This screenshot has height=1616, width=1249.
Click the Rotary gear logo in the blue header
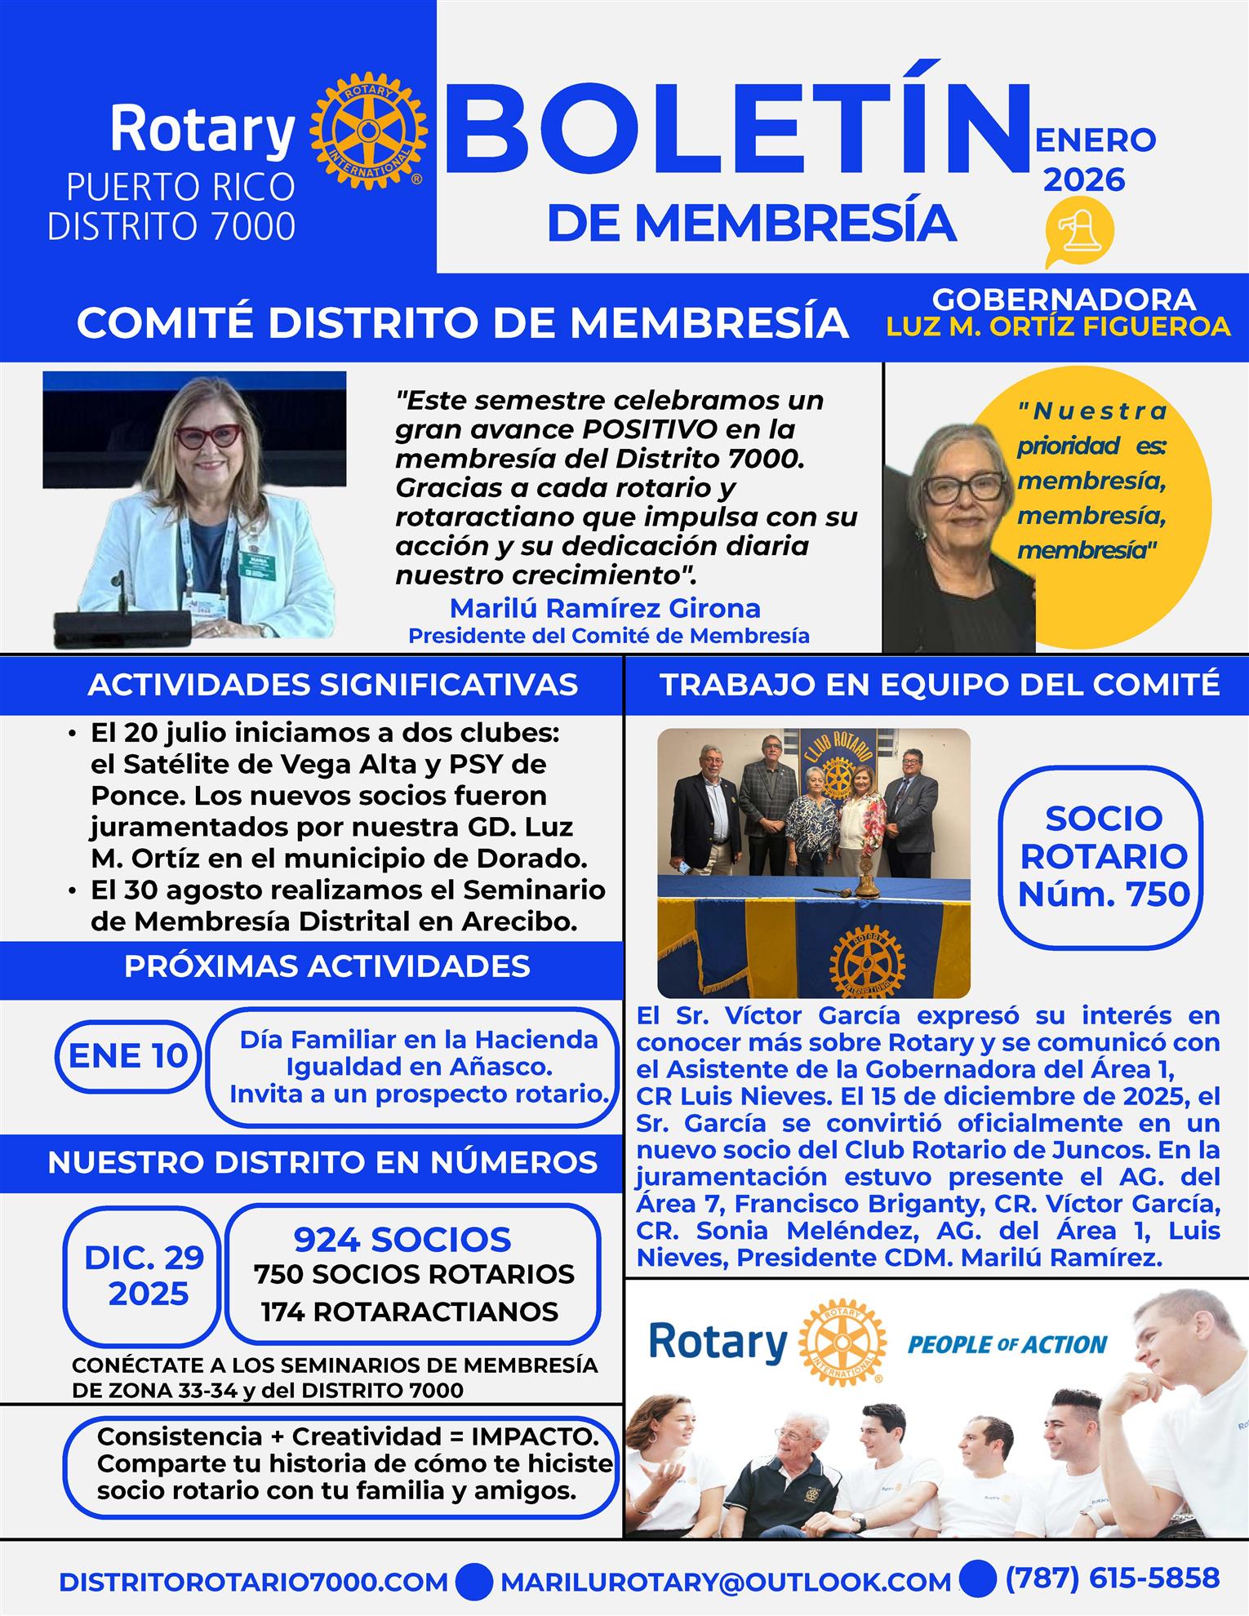368,131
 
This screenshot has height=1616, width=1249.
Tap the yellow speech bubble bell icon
1079,233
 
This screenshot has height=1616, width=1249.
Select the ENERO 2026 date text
1094,159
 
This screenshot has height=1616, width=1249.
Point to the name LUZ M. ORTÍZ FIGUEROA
1058,326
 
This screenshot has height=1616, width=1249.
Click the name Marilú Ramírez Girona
605,608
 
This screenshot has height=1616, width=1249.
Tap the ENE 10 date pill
127,1055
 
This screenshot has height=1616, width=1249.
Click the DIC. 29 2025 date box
144,1276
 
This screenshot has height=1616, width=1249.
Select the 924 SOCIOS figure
402,1240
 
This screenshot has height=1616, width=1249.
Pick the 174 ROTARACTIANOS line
410,1312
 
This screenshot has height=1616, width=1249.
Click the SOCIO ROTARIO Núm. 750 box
1103,856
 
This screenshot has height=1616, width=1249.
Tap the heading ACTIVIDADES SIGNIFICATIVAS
332,685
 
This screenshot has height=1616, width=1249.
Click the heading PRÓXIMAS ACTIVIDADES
327,966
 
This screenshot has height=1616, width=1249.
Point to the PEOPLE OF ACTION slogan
1007,1344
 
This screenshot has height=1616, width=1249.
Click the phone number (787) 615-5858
1113,1578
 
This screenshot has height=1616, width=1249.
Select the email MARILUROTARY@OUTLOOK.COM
726,1581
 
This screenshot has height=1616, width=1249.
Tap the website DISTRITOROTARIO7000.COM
253,1581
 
